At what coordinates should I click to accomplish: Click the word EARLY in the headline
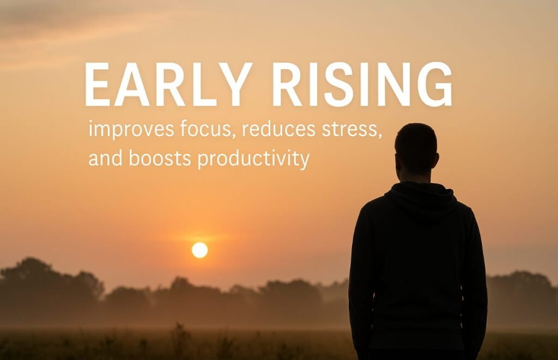(x=168, y=85)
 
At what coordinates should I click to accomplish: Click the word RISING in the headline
(x=362, y=85)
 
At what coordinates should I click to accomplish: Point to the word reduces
(x=278, y=130)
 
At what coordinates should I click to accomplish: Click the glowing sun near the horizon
(x=199, y=250)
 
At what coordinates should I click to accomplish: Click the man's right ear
(x=436, y=161)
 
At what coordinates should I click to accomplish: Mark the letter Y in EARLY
(x=233, y=85)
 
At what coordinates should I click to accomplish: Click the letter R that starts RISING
(x=287, y=85)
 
